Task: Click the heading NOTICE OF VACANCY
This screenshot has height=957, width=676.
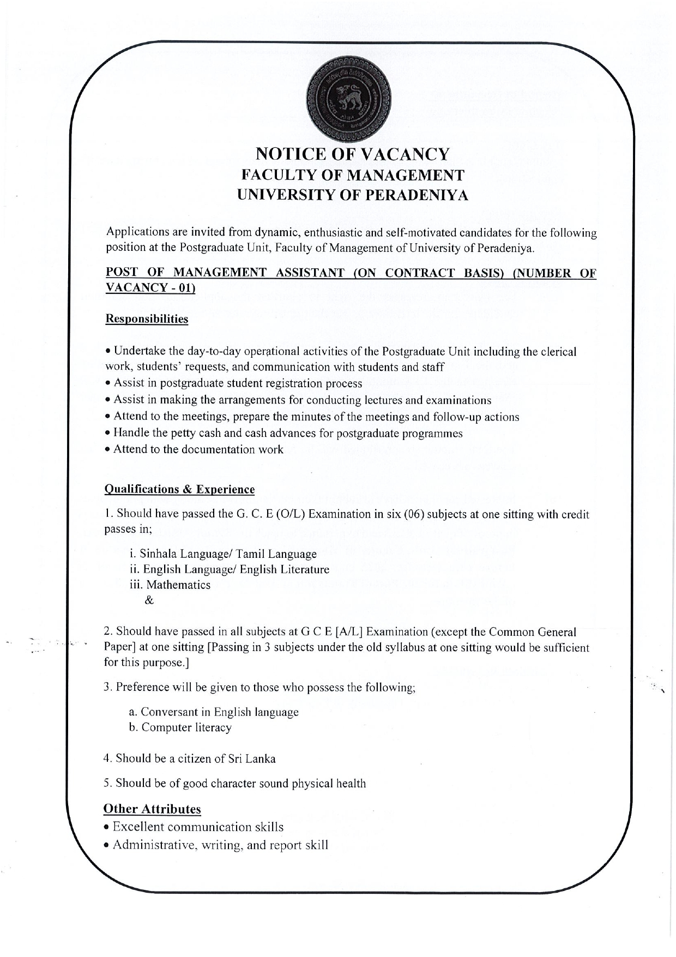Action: [x=353, y=155]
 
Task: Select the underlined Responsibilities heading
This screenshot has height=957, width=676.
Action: [x=146, y=318]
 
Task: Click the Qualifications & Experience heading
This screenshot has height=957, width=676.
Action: [x=179, y=489]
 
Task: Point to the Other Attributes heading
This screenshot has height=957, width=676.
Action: [x=152, y=809]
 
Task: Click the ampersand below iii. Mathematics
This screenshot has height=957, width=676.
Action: [x=149, y=601]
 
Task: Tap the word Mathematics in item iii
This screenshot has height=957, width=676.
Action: [x=178, y=585]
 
